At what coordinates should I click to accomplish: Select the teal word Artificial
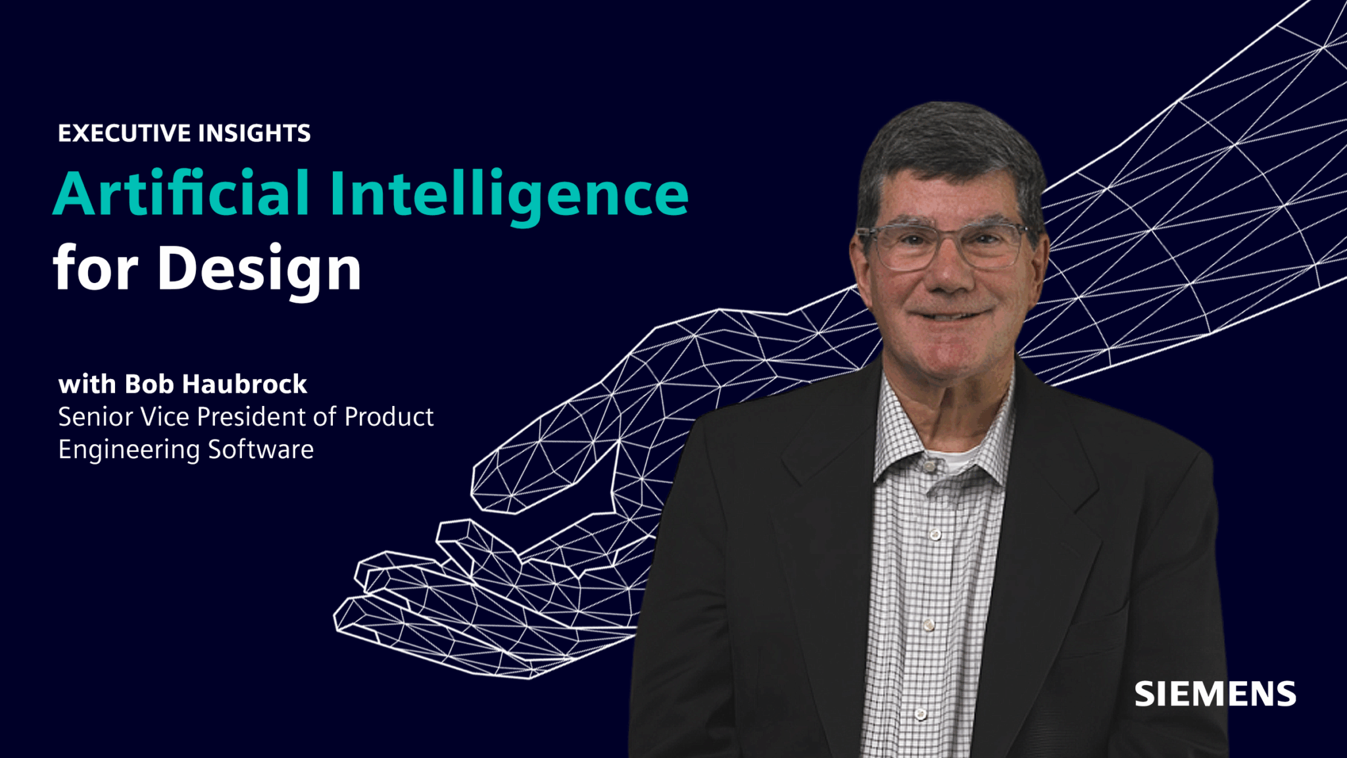(x=181, y=194)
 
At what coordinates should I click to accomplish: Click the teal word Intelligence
(x=508, y=194)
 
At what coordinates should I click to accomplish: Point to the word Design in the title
(x=259, y=268)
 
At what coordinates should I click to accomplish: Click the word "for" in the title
(x=95, y=268)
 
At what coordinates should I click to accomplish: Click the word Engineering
(x=129, y=450)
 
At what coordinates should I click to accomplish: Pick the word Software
(x=260, y=449)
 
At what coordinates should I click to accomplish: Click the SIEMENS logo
(x=1215, y=695)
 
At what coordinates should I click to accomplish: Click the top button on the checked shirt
(x=929, y=467)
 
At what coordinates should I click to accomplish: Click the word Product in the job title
(x=389, y=417)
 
